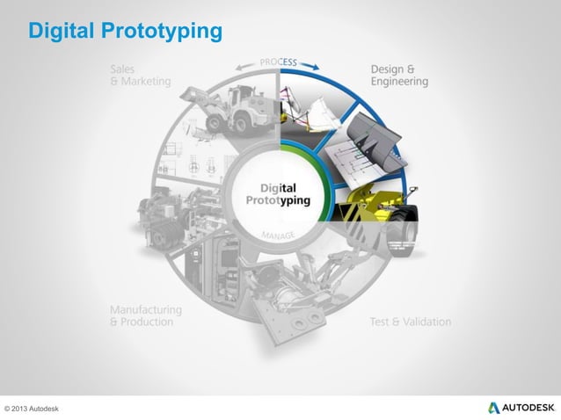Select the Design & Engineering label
pyautogui.click(x=399, y=76)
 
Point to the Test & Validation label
pyautogui.click(x=410, y=322)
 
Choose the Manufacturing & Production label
pyautogui.click(x=146, y=315)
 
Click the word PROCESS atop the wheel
pyautogui.click(x=280, y=62)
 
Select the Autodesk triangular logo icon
pyautogui.click(x=494, y=408)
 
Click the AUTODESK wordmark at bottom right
pyautogui.click(x=529, y=409)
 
